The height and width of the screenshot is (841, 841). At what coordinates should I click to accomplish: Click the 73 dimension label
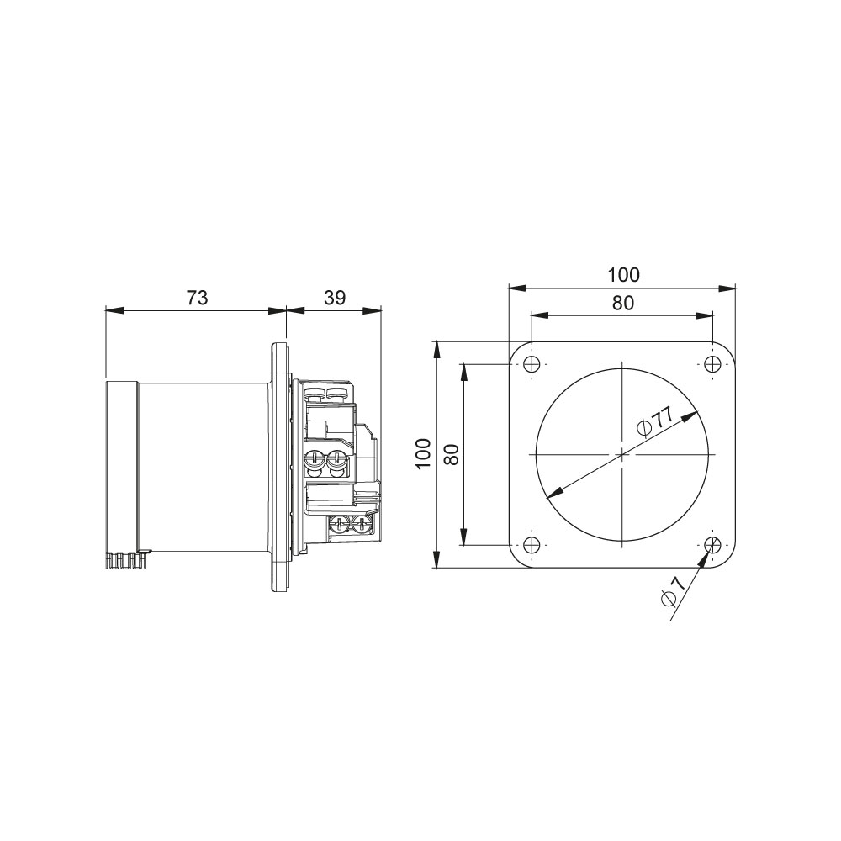[x=197, y=298]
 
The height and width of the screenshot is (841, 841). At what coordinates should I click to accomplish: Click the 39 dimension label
[x=335, y=298]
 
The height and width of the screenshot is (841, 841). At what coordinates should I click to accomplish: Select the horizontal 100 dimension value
[x=623, y=275]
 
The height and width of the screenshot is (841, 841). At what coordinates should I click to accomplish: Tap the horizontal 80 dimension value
[x=622, y=303]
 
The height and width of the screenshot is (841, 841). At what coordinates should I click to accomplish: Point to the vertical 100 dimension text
[x=424, y=453]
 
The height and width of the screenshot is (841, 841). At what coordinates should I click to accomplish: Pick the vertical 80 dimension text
[x=452, y=454]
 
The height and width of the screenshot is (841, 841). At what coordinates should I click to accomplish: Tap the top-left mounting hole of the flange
[x=531, y=363]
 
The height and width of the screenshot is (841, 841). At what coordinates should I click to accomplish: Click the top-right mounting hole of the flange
[x=712, y=363]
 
